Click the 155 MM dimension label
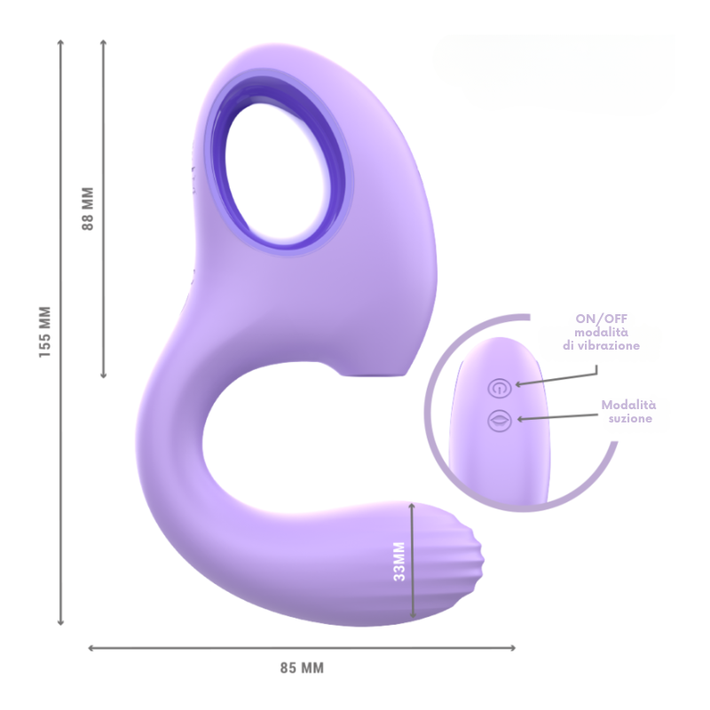[45, 332]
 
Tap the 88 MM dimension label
[87, 209]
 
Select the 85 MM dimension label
[302, 668]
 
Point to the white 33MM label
[399, 562]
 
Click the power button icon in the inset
[500, 389]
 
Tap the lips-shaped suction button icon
[500, 420]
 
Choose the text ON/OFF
[602, 319]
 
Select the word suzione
[630, 418]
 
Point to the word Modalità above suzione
[628, 405]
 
